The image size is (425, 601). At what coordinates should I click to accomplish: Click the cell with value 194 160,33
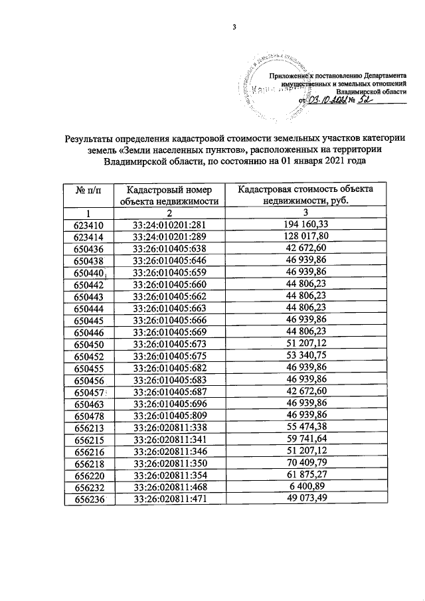click(305, 224)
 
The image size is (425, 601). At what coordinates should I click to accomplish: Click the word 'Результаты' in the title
click(92, 139)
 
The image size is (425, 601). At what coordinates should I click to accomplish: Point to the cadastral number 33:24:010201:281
click(171, 224)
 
